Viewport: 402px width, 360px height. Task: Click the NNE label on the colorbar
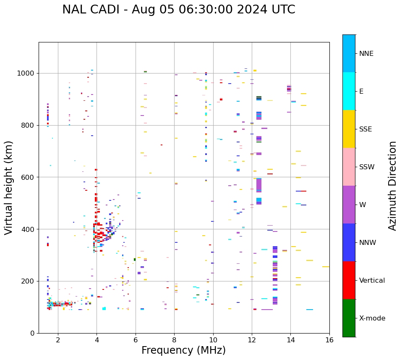(x=366, y=54)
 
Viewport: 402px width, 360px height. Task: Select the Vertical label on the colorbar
(x=372, y=281)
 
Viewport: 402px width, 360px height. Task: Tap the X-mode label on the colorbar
(x=372, y=318)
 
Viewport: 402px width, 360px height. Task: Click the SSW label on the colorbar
(x=367, y=167)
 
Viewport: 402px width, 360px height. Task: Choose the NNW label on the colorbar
(x=368, y=243)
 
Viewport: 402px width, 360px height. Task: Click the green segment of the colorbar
(x=349, y=318)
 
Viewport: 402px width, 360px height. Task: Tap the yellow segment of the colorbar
(x=349, y=129)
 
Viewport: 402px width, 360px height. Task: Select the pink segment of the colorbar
(x=349, y=167)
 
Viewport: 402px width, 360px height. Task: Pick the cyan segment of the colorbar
(x=349, y=91)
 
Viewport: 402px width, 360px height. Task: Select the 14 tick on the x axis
(x=290, y=339)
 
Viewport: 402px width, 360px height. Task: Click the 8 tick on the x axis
(x=174, y=339)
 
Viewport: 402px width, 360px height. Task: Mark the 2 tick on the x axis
(x=58, y=339)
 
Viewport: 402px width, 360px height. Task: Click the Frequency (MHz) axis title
(x=183, y=350)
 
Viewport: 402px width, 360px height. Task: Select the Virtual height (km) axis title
(x=9, y=188)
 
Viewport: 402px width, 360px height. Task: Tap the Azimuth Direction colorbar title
(x=393, y=186)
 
